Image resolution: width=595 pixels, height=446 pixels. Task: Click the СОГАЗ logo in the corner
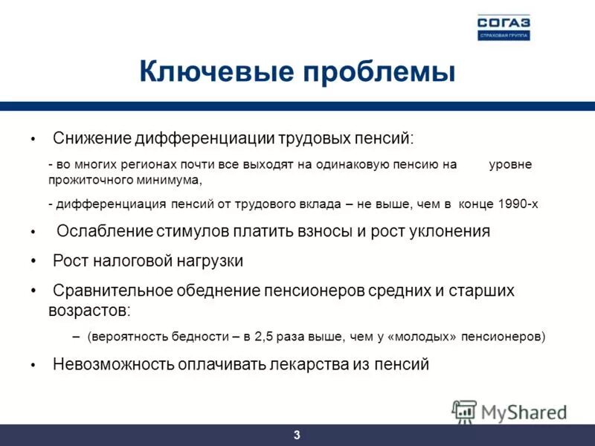[504, 26]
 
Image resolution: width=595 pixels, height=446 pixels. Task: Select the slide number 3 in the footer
[297, 436]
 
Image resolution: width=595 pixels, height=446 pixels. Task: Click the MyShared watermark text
[524, 411]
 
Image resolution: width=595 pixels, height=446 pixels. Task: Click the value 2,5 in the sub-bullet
[263, 337]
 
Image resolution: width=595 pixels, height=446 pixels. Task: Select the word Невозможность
[113, 365]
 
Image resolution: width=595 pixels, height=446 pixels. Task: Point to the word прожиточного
[81, 180]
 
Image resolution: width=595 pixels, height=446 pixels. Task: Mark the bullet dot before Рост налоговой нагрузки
[33, 262]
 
